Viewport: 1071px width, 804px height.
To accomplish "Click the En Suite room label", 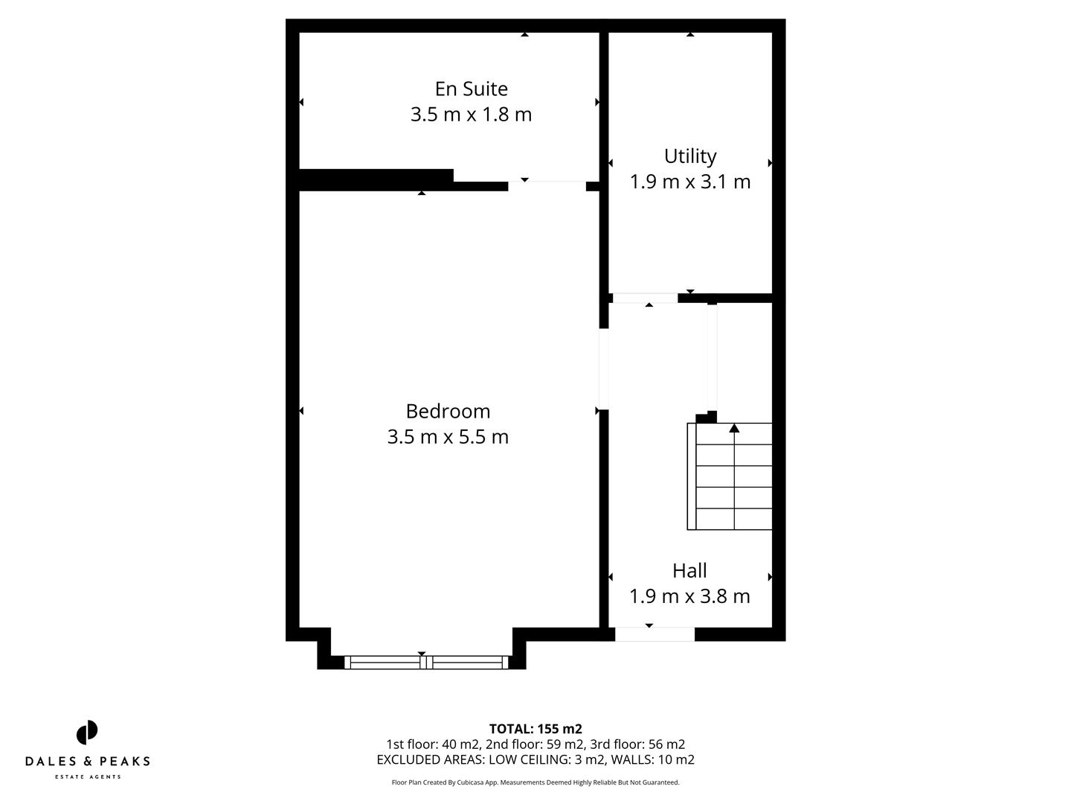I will (x=471, y=89).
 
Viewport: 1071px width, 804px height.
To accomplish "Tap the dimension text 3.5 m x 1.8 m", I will (x=471, y=115).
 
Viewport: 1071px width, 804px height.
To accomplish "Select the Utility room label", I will (x=689, y=156).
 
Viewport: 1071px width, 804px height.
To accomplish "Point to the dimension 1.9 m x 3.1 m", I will (x=689, y=182).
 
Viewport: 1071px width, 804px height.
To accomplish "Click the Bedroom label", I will (x=448, y=411).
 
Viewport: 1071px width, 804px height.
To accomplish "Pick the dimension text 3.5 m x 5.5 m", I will (x=448, y=437).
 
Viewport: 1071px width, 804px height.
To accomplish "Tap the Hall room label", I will (x=689, y=571).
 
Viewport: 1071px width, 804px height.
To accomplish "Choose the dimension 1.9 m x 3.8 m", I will (x=689, y=596).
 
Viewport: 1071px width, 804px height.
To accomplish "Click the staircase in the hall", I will (x=730, y=476).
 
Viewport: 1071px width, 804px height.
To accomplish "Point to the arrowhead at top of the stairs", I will (x=734, y=428).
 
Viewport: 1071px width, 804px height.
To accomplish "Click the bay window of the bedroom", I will (x=426, y=662).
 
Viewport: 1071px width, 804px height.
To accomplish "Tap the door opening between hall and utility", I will (x=645, y=298).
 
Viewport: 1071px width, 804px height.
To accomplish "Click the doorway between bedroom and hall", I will (x=604, y=368).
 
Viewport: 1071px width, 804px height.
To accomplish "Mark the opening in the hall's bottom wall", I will (x=654, y=634).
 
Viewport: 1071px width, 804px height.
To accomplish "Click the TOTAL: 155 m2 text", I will (x=535, y=729).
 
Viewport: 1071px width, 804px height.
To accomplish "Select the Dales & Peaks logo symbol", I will (x=87, y=733).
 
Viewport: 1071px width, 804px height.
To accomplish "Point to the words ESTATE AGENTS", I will (x=88, y=777).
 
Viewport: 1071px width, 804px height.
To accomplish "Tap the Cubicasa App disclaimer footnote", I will (x=535, y=782).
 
